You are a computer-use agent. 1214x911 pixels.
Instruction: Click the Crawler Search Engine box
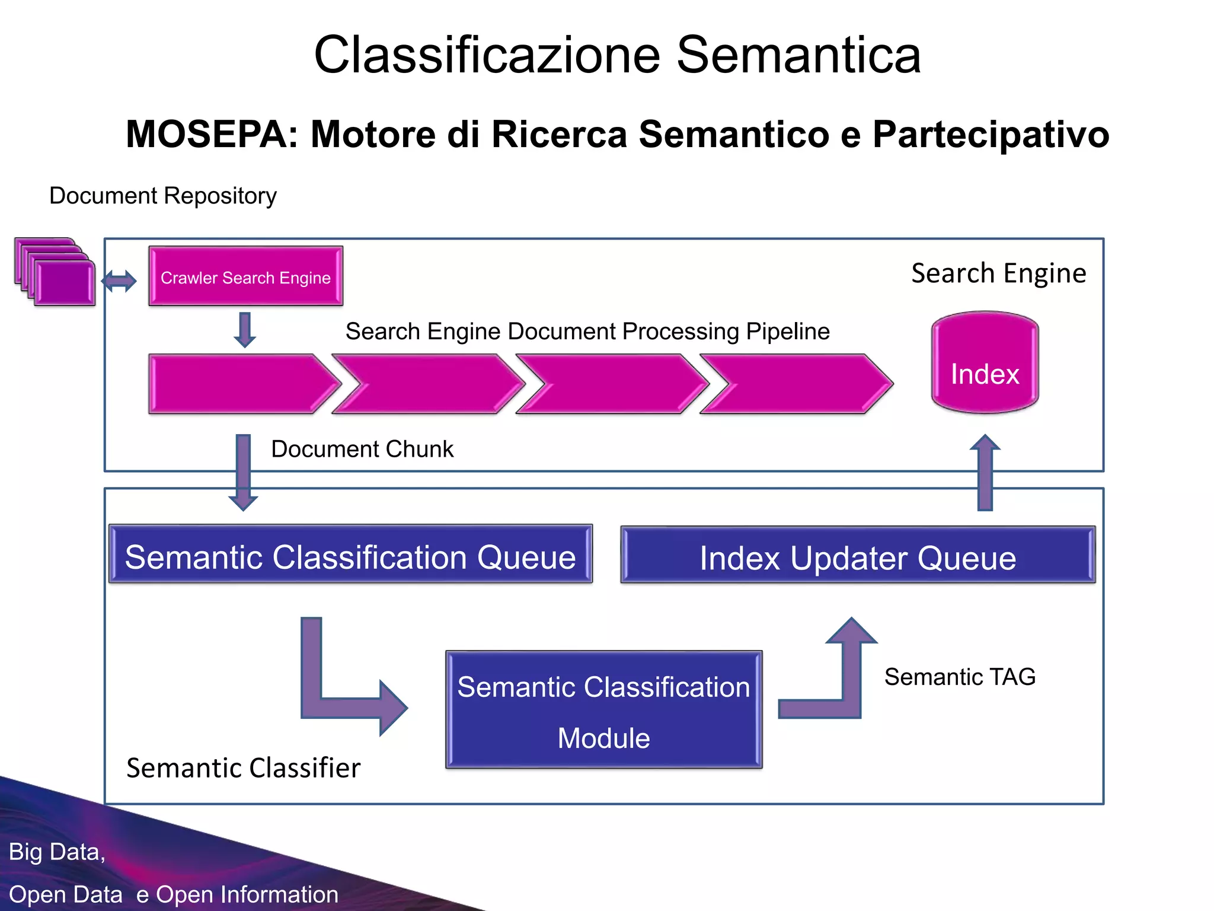[x=245, y=276]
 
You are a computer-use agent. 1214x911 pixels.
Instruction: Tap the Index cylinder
[x=985, y=363]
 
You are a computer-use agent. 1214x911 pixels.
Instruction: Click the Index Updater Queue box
[x=857, y=556]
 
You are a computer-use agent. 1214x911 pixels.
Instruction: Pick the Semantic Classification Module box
[x=603, y=710]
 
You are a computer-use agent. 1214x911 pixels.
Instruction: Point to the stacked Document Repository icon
[x=55, y=273]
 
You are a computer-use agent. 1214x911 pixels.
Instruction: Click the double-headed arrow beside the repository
[x=119, y=281]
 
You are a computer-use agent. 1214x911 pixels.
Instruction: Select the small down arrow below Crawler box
[x=245, y=330]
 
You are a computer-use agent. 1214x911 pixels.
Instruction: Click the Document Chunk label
[x=362, y=449]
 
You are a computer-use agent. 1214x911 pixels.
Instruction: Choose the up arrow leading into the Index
[x=985, y=472]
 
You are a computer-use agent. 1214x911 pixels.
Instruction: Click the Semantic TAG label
[x=960, y=677]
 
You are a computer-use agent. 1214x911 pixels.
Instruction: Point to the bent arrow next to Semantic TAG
[x=842, y=682]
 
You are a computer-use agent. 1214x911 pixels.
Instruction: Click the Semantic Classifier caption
[x=243, y=768]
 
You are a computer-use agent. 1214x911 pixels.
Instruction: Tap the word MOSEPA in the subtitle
[x=212, y=134]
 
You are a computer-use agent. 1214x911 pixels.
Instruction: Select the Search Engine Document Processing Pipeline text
[x=587, y=331]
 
